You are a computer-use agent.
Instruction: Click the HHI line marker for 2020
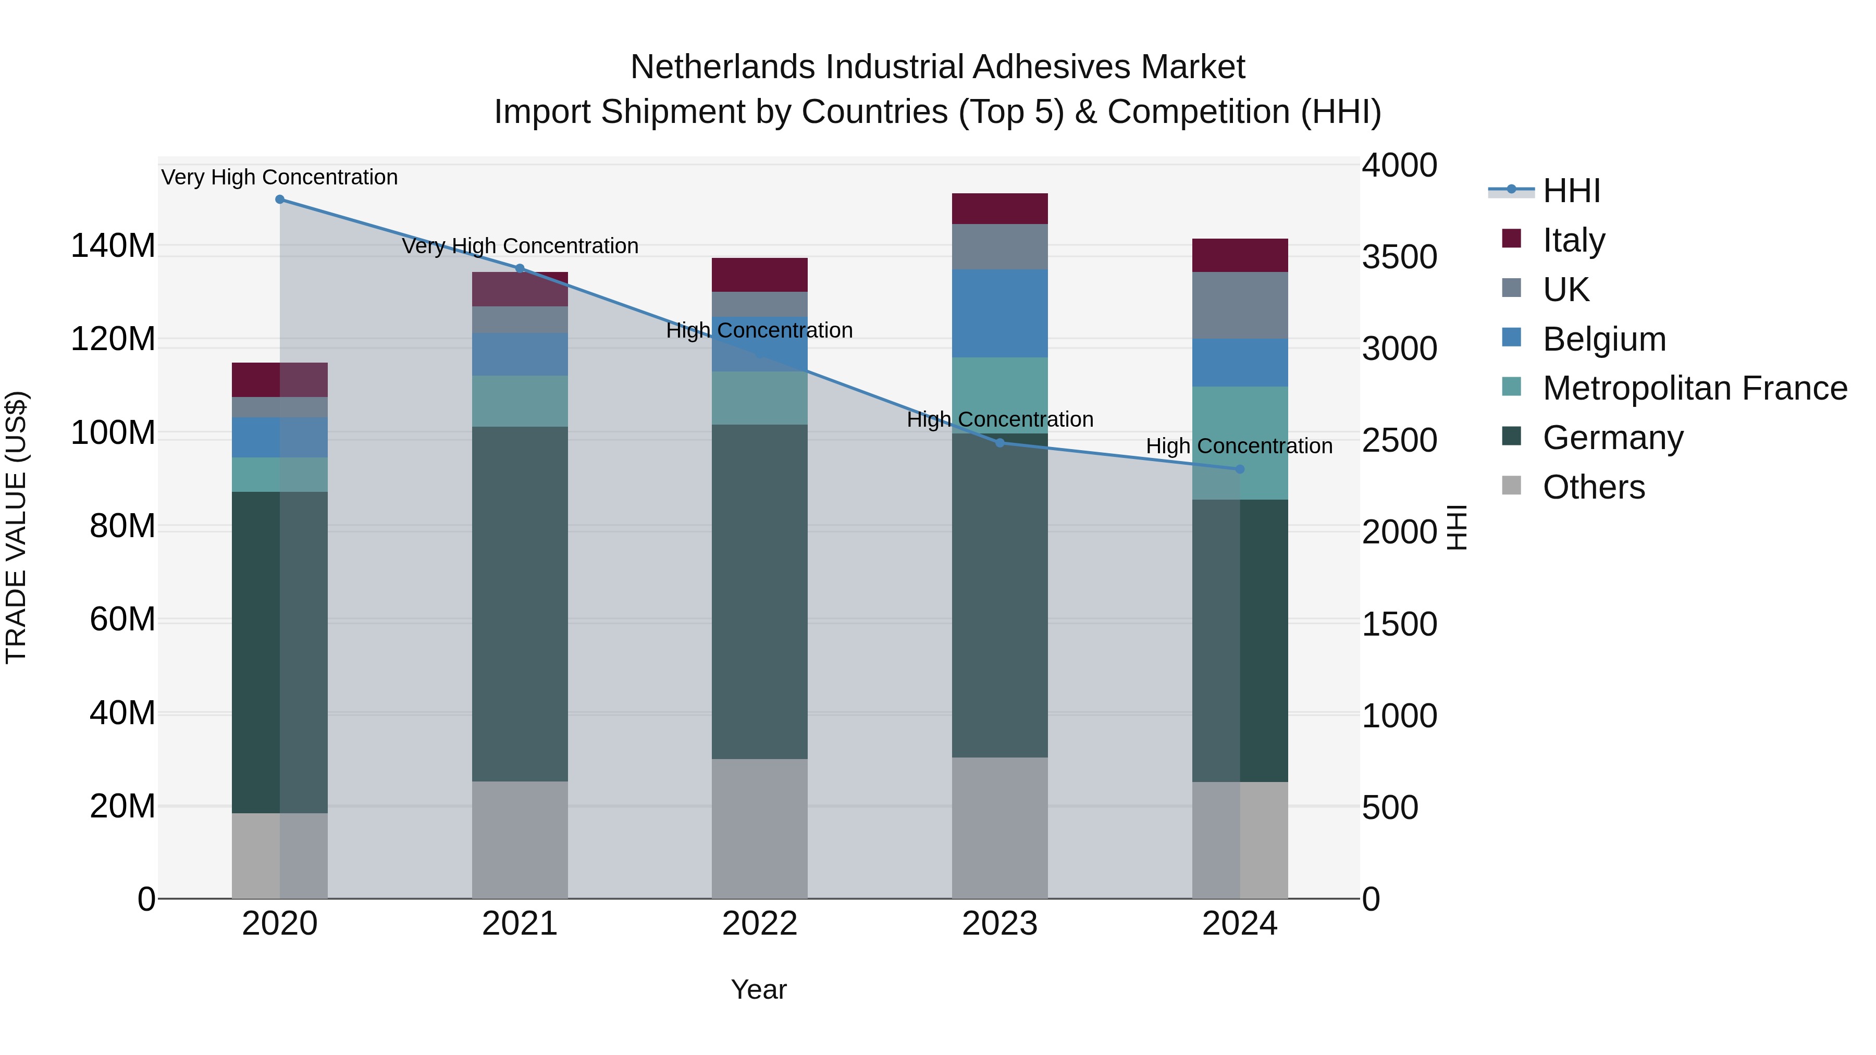click(x=280, y=200)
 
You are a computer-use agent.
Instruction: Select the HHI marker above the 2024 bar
click(x=1240, y=469)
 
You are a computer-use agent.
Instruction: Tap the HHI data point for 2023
click(x=1000, y=443)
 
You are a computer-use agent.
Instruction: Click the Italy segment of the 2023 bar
click(x=1000, y=209)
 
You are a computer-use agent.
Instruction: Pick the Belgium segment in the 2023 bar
click(x=1000, y=313)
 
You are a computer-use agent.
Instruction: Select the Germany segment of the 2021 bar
click(x=520, y=604)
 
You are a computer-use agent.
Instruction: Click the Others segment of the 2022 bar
click(x=760, y=828)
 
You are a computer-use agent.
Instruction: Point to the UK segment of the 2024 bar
click(x=1240, y=306)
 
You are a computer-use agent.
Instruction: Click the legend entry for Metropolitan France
click(x=1695, y=388)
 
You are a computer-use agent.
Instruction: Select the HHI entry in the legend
click(x=1571, y=191)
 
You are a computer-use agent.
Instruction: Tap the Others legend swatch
click(x=1512, y=486)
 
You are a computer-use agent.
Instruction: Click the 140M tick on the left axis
click(x=113, y=246)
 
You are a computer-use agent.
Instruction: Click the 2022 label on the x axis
click(x=760, y=924)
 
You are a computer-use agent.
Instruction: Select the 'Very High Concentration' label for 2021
click(x=520, y=246)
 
